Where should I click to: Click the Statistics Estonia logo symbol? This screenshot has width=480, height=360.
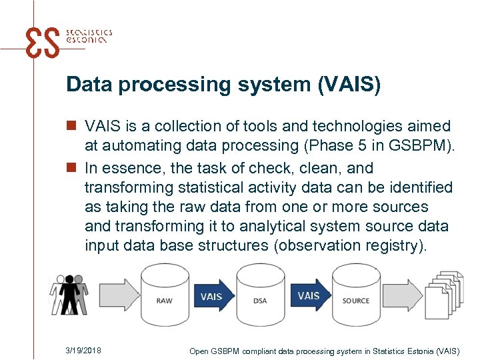[x=41, y=43]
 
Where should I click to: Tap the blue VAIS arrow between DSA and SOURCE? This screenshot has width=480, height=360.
[x=310, y=295]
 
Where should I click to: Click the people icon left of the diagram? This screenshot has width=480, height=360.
[x=69, y=293]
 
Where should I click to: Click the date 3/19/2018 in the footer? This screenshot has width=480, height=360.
[x=84, y=350]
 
